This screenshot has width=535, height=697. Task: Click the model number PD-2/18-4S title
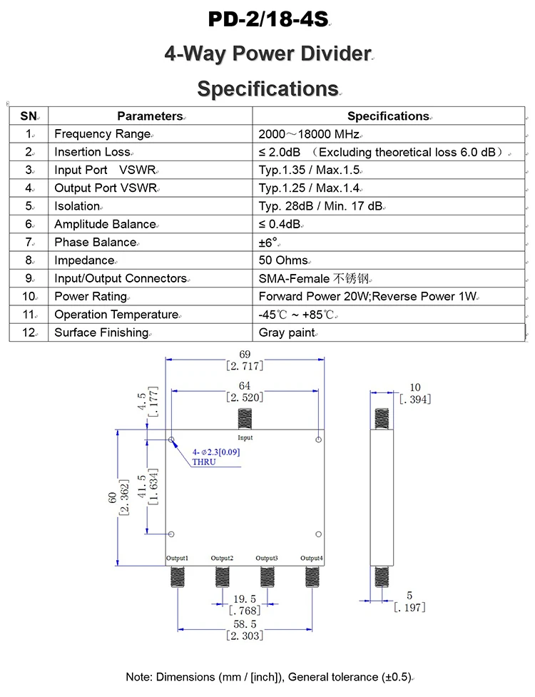point(267,19)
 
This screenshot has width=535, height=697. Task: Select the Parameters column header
point(150,116)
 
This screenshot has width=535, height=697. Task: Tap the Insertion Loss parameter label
point(92,152)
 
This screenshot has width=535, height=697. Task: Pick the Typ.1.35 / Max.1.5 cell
point(310,170)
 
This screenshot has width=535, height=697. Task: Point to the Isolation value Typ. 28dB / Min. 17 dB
point(321,206)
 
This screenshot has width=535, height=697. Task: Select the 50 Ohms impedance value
point(284,260)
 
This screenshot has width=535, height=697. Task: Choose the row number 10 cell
point(29,296)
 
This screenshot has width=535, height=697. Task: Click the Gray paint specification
point(286,332)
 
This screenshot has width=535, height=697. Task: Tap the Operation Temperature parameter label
point(116,315)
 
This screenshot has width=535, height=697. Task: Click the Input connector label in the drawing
point(245,437)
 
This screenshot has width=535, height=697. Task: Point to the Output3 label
point(267,558)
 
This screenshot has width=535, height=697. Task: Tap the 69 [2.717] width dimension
point(245,360)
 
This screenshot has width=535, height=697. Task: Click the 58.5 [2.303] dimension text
point(245,630)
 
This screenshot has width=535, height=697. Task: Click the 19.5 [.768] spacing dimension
point(245,605)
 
